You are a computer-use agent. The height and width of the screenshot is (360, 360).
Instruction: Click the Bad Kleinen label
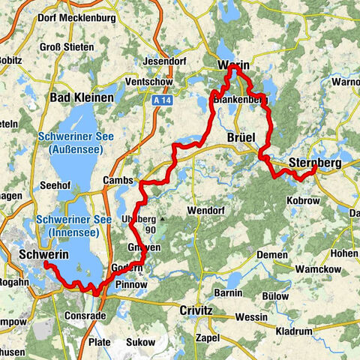click(82, 97)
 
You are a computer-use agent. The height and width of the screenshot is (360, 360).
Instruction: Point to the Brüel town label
click(241, 137)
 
